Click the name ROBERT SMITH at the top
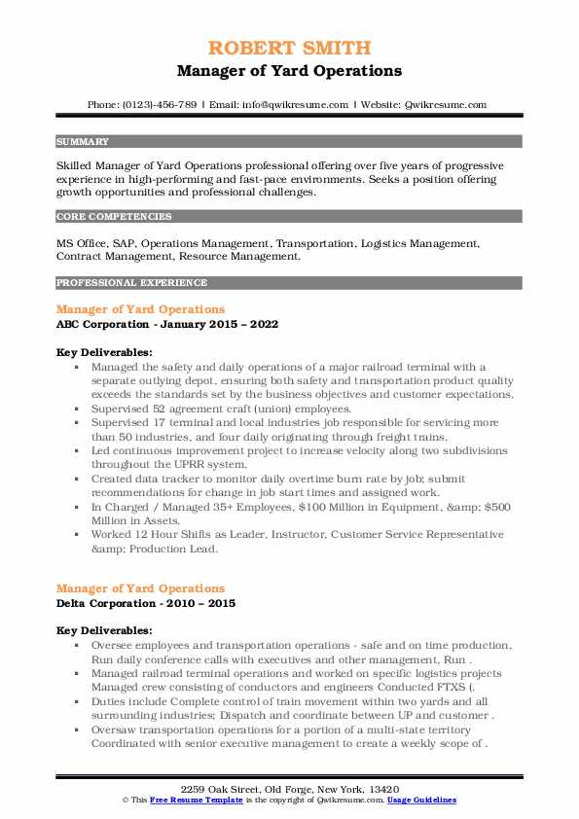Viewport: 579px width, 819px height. coord(289,50)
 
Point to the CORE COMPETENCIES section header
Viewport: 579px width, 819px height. coord(114,217)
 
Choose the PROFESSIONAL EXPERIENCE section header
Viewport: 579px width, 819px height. coord(131,283)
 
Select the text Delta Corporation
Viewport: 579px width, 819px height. coord(106,603)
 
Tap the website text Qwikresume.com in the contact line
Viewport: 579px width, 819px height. coord(447,104)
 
